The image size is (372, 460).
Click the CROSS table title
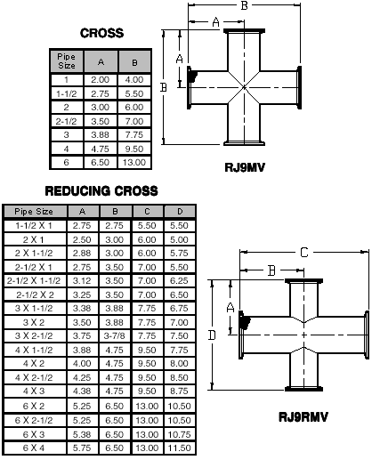tap(101, 33)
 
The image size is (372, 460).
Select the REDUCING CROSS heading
tap(101, 190)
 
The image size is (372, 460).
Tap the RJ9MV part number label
tap(245, 167)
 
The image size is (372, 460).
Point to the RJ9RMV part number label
tap(303, 417)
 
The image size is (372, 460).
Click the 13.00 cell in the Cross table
tap(134, 162)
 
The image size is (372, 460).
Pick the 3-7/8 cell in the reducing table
tap(114, 335)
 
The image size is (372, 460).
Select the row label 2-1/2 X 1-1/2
tap(34, 280)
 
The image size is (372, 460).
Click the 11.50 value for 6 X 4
tap(179, 448)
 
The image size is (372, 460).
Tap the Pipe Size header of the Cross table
tap(67, 61)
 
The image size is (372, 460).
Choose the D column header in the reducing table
tap(180, 212)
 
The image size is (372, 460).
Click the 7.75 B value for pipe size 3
tap(134, 134)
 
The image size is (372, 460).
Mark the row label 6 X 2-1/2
tap(34, 420)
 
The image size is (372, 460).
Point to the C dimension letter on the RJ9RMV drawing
tap(304, 253)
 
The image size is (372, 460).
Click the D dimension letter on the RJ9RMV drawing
tap(212, 335)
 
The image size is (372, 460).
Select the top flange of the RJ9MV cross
tap(244, 31)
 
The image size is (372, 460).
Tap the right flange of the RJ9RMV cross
tap(367, 335)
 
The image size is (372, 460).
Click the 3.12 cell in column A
tap(82, 280)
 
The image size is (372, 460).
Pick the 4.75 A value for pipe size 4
tap(101, 149)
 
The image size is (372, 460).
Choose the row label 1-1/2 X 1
tap(34, 225)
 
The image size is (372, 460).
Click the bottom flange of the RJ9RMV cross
tap(303, 389)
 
